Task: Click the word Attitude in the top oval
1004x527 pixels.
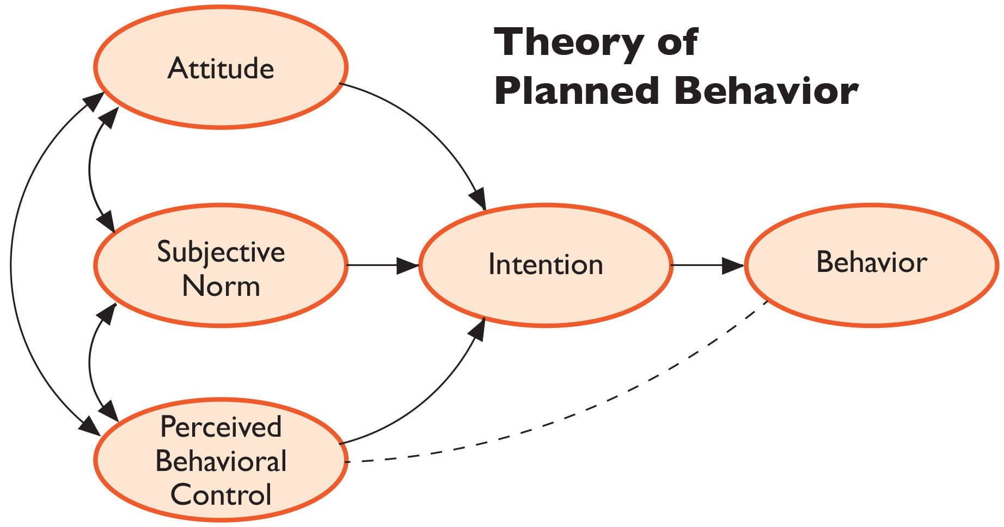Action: click(221, 69)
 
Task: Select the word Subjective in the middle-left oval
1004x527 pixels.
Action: click(221, 252)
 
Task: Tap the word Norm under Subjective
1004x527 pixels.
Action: click(221, 286)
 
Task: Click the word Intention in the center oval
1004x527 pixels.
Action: click(546, 265)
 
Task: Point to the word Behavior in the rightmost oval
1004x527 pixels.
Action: click(871, 262)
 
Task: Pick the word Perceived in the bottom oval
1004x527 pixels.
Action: click(221, 427)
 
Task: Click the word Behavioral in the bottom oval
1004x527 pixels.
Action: click(221, 461)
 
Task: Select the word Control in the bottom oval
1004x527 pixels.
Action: click(221, 495)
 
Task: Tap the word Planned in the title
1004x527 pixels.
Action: click(577, 91)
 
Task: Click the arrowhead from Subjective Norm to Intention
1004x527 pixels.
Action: click(408, 265)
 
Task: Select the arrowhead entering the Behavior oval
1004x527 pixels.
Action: click(734, 265)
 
